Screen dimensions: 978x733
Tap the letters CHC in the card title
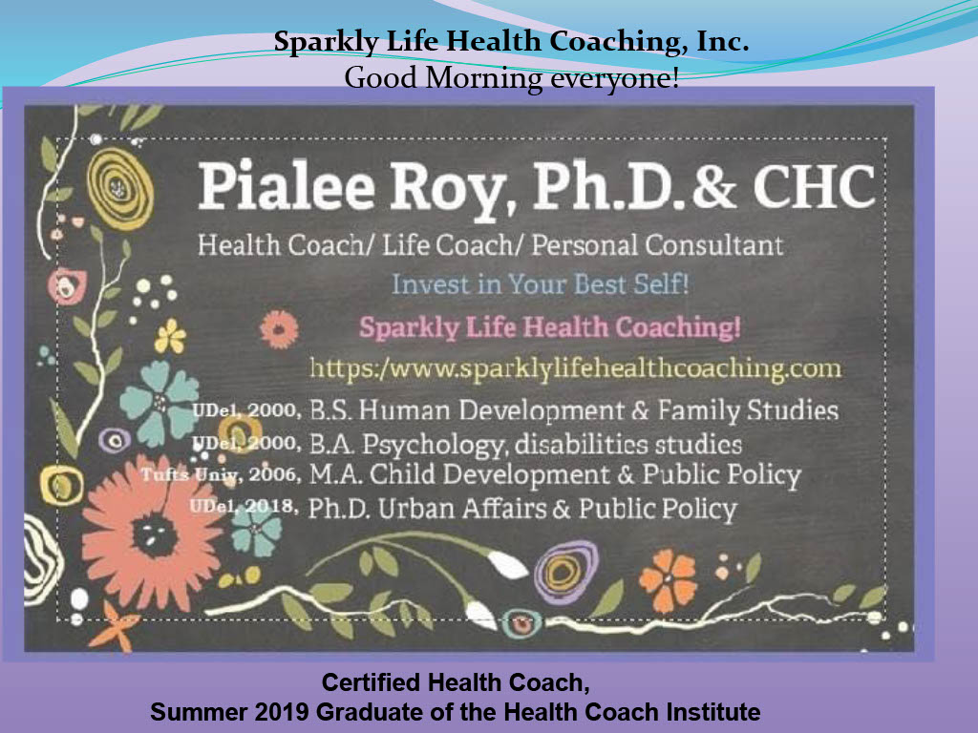click(814, 186)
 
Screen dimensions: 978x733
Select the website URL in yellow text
click(575, 368)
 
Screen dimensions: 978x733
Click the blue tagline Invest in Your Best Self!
click(541, 284)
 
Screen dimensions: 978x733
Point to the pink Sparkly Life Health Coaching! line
click(549, 328)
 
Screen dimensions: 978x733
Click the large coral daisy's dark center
click(154, 534)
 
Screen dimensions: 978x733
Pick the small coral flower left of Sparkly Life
click(279, 329)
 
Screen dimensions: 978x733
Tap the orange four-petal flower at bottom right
click(668, 579)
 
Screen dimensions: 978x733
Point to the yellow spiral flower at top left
click(119, 189)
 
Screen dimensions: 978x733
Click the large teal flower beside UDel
click(159, 402)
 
